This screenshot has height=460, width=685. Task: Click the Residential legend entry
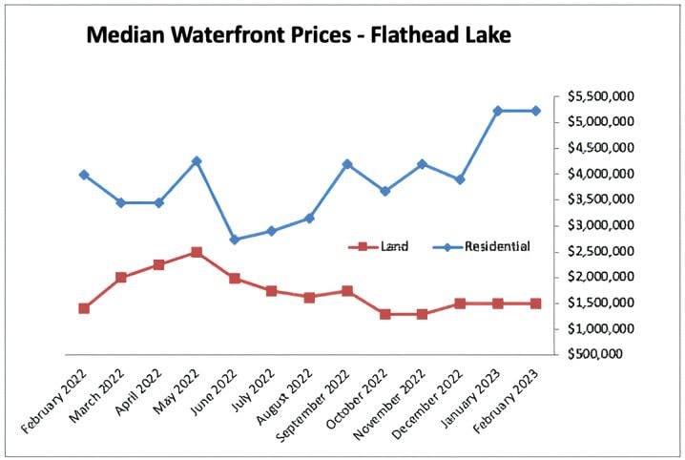click(x=496, y=246)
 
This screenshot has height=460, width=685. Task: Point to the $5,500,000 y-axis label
click(x=604, y=96)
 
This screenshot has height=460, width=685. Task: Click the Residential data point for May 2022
click(x=197, y=161)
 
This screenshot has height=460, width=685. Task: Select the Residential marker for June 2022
click(x=234, y=240)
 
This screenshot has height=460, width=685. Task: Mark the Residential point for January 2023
click(x=497, y=111)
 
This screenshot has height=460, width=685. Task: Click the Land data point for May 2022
click(x=197, y=252)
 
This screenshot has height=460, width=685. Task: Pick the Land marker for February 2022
click(x=84, y=308)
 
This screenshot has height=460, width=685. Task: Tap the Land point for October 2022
click(x=384, y=314)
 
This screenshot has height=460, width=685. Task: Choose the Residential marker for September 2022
click(x=347, y=164)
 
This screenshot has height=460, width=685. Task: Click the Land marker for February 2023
click(x=535, y=303)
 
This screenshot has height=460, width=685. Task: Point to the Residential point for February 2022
click(x=84, y=175)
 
